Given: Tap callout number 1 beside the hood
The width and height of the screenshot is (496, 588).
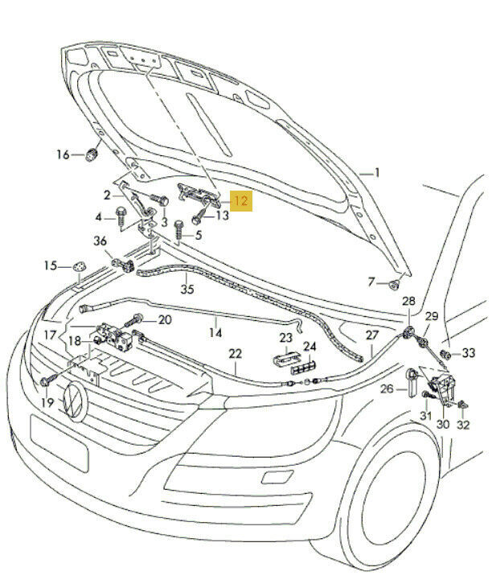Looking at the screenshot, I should click(376, 173).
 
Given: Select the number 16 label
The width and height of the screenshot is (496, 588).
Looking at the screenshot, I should click(63, 154).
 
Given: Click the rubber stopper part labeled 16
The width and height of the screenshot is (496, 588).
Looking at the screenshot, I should click(93, 153).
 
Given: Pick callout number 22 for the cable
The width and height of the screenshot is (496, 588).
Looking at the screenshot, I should click(235, 353).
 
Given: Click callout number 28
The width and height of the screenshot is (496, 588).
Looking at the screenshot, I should click(408, 301).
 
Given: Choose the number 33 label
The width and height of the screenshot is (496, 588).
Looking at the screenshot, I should click(469, 353).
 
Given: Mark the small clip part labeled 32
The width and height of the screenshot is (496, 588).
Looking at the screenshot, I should click(463, 405).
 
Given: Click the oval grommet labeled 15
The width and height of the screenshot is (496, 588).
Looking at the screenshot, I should click(80, 266).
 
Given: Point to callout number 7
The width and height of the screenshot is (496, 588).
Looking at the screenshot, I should click(371, 282).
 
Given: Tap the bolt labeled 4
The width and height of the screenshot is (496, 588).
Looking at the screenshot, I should click(120, 214).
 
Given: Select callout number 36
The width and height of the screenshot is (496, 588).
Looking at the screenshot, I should click(100, 241).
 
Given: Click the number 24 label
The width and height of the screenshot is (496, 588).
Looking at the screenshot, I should click(309, 347).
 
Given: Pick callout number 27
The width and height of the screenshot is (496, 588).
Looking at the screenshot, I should click(371, 335).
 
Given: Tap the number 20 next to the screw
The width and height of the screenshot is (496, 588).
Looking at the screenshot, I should click(164, 319).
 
